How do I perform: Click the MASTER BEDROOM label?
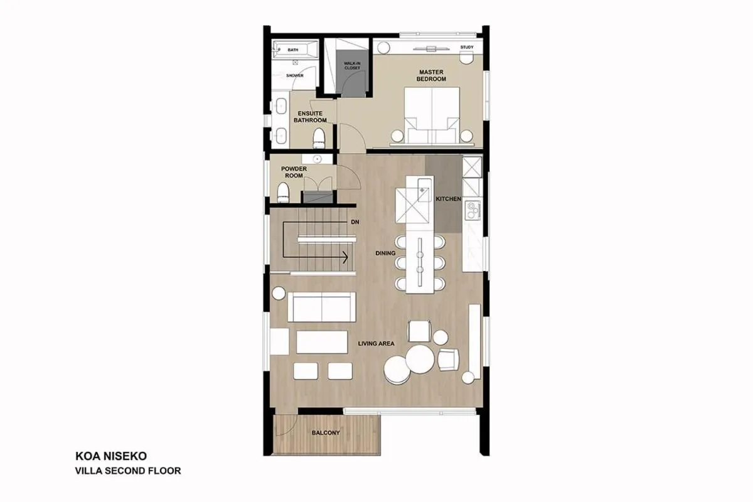432,76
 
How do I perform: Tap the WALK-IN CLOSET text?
352,65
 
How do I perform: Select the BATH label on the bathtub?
292,50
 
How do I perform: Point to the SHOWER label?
295,75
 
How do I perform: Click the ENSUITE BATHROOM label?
310,117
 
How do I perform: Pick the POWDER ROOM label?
293,172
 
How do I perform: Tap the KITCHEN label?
449,199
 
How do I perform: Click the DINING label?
385,254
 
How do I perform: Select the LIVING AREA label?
376,344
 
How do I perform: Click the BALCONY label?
326,433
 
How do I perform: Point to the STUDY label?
466,48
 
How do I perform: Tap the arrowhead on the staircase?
345,256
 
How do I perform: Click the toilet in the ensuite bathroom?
319,136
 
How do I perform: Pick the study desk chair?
465,58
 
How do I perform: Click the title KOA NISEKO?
112,456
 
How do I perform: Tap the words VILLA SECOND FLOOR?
128,469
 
